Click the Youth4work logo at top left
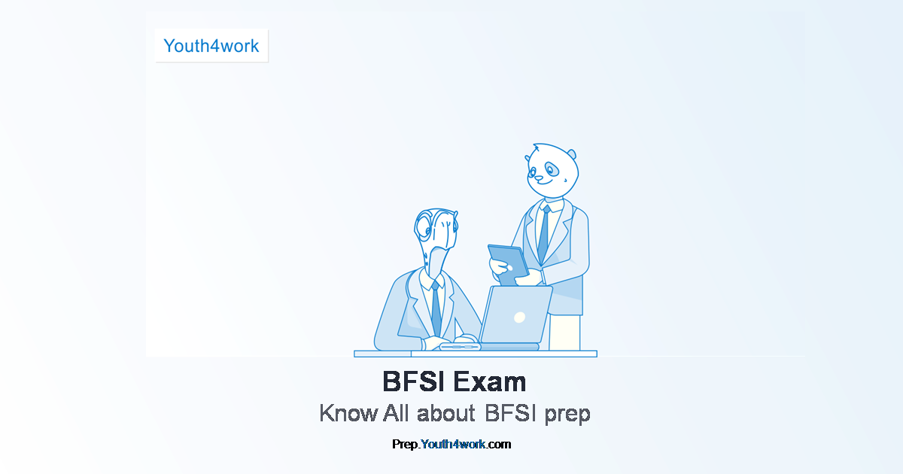(211, 46)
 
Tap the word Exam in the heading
(489, 381)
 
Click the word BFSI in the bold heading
(415, 381)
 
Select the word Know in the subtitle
(348, 413)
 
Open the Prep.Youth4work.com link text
(451, 444)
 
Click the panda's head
(552, 171)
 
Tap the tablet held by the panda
(509, 265)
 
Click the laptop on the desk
(515, 317)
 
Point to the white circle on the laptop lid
(520, 318)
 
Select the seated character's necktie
(436, 309)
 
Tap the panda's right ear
(573, 154)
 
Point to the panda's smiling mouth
(545, 183)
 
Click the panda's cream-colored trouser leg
(564, 333)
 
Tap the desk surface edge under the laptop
(476, 354)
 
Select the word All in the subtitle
(396, 413)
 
